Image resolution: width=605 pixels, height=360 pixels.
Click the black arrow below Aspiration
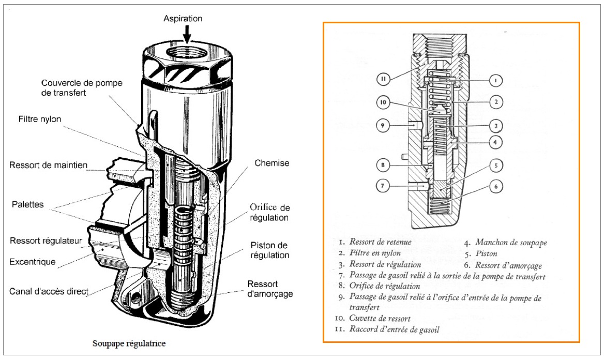click(x=187, y=34)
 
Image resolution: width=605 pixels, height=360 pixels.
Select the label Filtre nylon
click(x=37, y=119)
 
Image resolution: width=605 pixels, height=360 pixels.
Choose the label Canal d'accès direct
click(x=49, y=291)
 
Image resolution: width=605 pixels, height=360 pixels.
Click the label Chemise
click(x=271, y=163)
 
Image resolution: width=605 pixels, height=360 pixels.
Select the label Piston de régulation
click(x=269, y=250)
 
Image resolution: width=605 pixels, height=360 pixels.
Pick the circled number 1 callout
click(x=495, y=81)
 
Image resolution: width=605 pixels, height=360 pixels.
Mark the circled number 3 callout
click(x=495, y=125)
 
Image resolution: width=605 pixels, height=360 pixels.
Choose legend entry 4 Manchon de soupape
click(x=505, y=242)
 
